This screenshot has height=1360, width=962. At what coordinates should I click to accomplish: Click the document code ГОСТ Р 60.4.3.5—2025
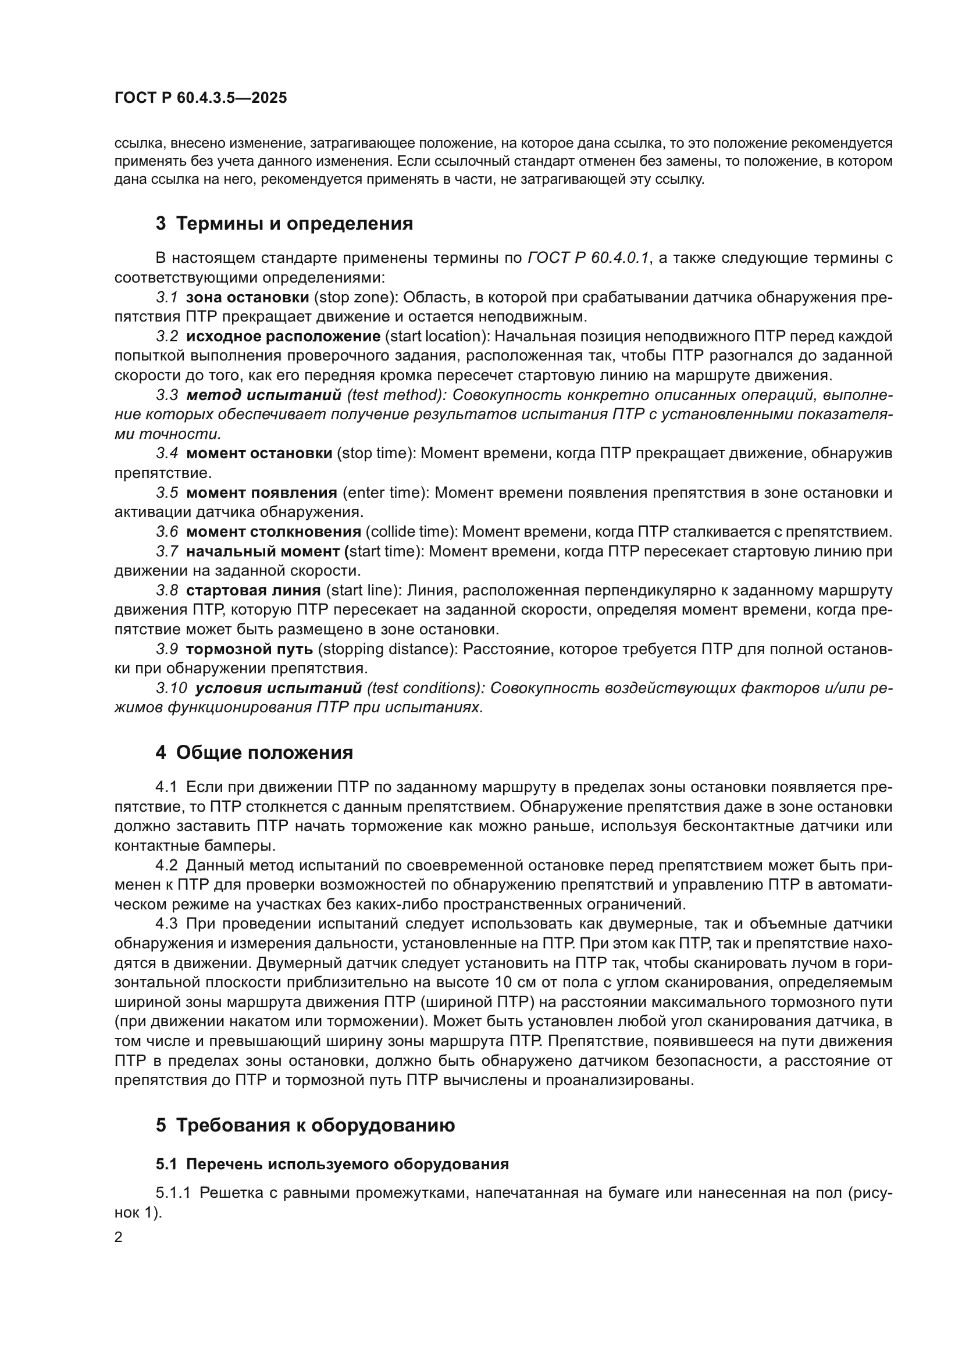pyautogui.click(x=200, y=98)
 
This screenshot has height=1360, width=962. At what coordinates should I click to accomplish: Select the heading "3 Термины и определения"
pyautogui.click(x=284, y=224)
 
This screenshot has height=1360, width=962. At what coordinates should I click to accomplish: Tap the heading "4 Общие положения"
pyautogui.click(x=254, y=753)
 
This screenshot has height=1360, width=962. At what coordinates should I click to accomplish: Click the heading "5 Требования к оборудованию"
pyautogui.click(x=305, y=1125)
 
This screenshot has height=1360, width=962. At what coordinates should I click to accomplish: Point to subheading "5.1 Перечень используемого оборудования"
pyautogui.click(x=332, y=1164)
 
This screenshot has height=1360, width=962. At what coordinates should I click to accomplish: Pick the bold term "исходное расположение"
pyautogui.click(x=283, y=337)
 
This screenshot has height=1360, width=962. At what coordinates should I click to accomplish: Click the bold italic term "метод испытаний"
pyautogui.click(x=263, y=395)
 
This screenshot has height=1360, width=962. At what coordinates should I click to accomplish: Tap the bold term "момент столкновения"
pyautogui.click(x=273, y=532)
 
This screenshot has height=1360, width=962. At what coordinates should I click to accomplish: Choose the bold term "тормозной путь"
pyautogui.click(x=250, y=649)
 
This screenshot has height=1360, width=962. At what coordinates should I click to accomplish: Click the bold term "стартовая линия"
pyautogui.click(x=253, y=591)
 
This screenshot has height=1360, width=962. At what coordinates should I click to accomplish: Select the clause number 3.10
pyautogui.click(x=171, y=688)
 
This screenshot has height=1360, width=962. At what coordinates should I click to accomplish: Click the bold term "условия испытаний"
pyautogui.click(x=279, y=688)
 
